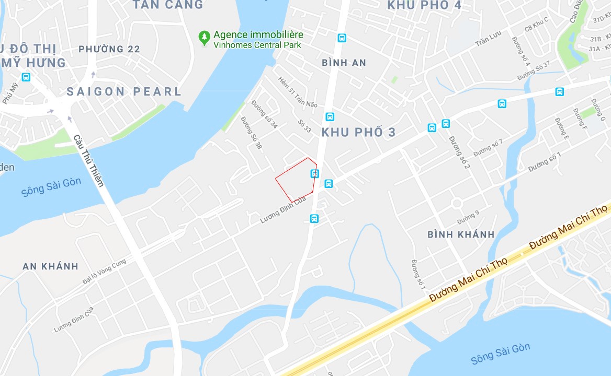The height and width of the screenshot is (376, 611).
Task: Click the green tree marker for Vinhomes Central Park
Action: pos(204,38)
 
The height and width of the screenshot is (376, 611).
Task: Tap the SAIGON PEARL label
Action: pos(124,92)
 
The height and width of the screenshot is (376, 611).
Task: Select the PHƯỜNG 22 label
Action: pos(109,49)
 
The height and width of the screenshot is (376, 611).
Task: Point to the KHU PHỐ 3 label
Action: pos(358,132)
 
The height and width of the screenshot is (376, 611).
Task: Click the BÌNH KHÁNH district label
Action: pos(461,234)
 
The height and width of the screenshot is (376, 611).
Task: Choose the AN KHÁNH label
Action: pos(50,266)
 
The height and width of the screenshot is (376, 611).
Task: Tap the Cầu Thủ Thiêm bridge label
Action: pos(88,161)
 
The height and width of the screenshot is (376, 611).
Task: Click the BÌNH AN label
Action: pos(344,63)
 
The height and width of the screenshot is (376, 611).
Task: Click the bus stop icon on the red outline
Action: pos(314,174)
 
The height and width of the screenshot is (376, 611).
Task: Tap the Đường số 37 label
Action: pos(534,71)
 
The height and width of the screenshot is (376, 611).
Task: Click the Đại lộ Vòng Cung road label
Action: pos(104,272)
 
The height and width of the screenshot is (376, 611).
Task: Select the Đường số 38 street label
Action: pos(251,133)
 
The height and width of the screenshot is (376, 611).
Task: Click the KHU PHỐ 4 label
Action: pos(425,6)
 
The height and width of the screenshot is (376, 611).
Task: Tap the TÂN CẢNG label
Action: pos(167,5)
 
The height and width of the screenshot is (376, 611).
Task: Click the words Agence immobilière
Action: pos(258,35)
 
